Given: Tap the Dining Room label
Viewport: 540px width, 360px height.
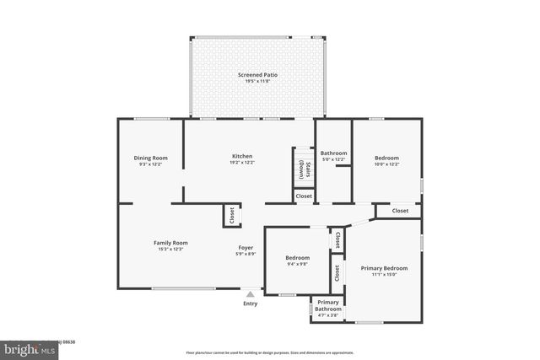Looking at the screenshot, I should point(150,158).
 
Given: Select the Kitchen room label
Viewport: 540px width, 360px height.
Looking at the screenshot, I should point(242,156).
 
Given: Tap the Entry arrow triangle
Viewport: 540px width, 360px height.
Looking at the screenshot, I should point(250,294).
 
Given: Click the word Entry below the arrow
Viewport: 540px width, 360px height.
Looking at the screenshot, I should point(250,304).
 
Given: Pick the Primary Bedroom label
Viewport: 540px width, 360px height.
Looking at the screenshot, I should point(384,268).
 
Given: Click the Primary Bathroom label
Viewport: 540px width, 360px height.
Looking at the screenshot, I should point(328,305).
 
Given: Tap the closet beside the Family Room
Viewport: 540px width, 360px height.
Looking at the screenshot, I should point(229,216).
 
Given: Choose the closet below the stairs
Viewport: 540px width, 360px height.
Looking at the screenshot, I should point(304,196).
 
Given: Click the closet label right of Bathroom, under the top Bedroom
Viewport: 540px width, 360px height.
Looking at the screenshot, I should point(400,211).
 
